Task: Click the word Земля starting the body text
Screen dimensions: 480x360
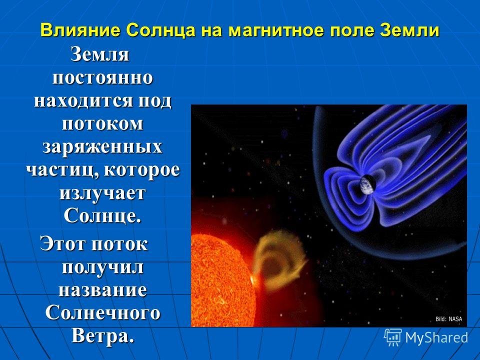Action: (x=100, y=55)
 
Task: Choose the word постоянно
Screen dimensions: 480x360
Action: (x=102, y=78)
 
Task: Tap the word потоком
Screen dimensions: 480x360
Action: (x=102, y=124)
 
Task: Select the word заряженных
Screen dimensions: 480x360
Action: (x=102, y=147)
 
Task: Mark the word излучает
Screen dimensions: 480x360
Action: (x=102, y=193)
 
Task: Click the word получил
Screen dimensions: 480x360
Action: (x=102, y=267)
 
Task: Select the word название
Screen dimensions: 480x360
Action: (x=102, y=290)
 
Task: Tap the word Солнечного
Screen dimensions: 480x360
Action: (x=102, y=313)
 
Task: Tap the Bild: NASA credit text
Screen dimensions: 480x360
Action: (x=449, y=319)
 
